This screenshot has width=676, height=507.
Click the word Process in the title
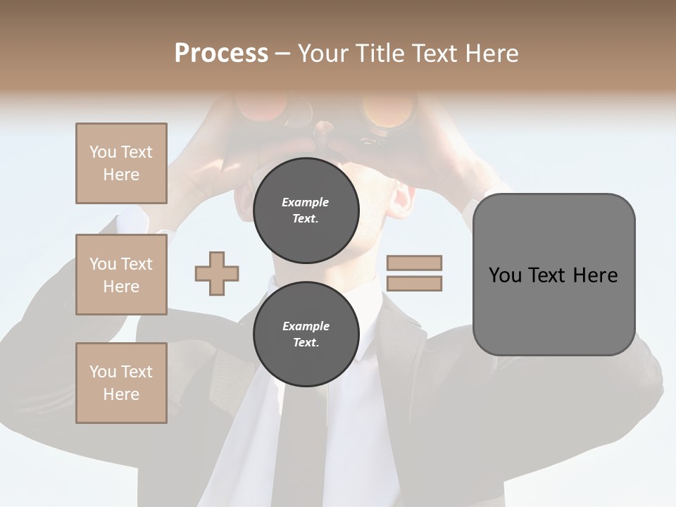point(221,54)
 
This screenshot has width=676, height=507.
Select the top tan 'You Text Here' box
point(121,163)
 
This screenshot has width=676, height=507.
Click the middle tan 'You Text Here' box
point(121,275)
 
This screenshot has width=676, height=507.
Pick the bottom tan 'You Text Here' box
point(121,383)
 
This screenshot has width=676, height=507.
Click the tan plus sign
point(217,273)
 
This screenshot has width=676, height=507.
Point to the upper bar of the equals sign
point(415,263)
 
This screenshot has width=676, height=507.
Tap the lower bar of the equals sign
point(415,284)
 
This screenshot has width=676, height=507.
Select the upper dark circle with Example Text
point(306,210)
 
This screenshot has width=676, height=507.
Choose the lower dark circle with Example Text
point(306,334)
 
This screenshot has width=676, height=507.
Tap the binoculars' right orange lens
point(384,110)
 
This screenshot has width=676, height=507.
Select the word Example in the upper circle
point(306,202)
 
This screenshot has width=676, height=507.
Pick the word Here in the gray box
point(595,275)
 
